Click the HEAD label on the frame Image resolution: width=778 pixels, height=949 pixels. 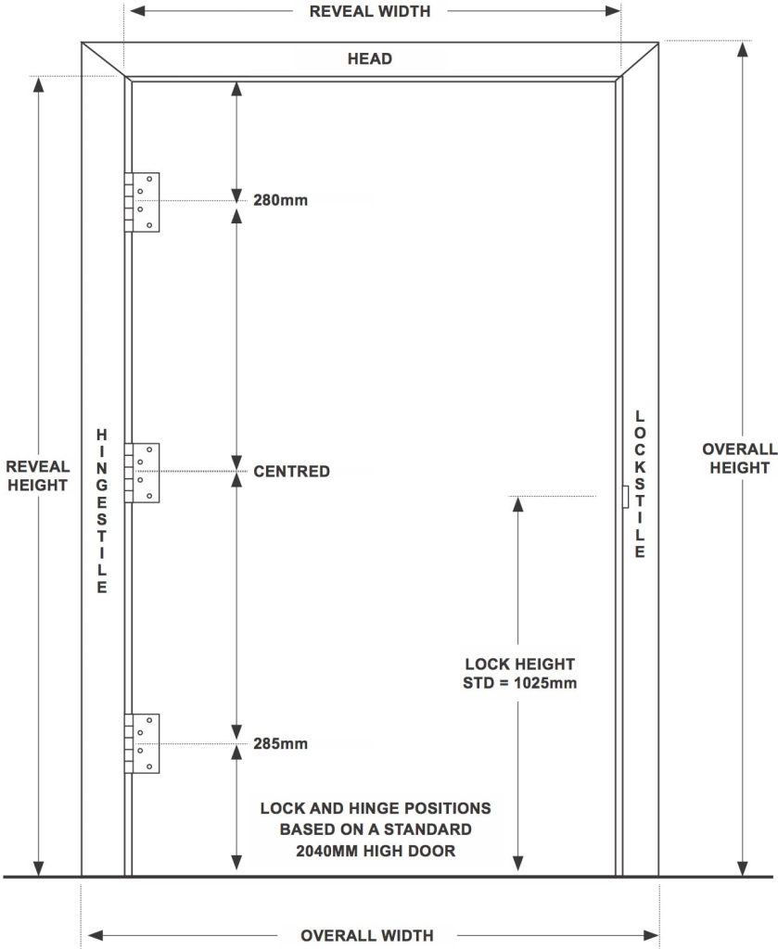[369, 58]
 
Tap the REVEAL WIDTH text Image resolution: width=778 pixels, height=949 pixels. [370, 11]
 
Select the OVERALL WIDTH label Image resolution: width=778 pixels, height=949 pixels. [367, 935]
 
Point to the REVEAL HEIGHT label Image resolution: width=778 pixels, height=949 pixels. [37, 475]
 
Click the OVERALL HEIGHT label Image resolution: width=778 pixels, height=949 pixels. [739, 458]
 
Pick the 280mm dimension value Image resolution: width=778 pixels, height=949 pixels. [280, 200]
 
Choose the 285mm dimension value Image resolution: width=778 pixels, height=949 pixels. [280, 743]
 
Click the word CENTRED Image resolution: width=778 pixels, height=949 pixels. [291, 471]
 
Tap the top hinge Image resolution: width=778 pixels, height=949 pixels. [142, 202]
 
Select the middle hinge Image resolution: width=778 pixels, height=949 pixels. [142, 473]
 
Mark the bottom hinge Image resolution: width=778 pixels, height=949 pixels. [142, 743]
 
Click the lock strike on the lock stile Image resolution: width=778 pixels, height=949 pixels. [625, 497]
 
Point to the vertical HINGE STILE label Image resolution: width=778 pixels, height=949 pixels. [102, 511]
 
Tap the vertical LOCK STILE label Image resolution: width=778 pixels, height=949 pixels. [640, 484]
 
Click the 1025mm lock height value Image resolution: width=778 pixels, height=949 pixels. [545, 683]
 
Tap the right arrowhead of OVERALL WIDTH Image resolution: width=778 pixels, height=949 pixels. [652, 935]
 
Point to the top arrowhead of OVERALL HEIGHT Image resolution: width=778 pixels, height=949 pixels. [742, 49]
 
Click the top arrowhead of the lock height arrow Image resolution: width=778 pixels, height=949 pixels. [517, 504]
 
